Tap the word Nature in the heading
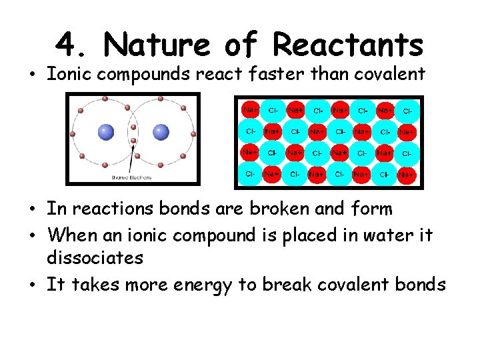[x=158, y=45]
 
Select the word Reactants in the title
[x=349, y=45]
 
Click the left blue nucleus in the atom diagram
[x=106, y=132]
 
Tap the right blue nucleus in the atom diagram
[x=161, y=132]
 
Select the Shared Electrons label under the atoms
[x=131, y=177]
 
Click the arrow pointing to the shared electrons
[x=137, y=160]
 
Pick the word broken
[x=280, y=209]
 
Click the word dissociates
[x=95, y=257]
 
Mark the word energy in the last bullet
[x=199, y=285]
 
